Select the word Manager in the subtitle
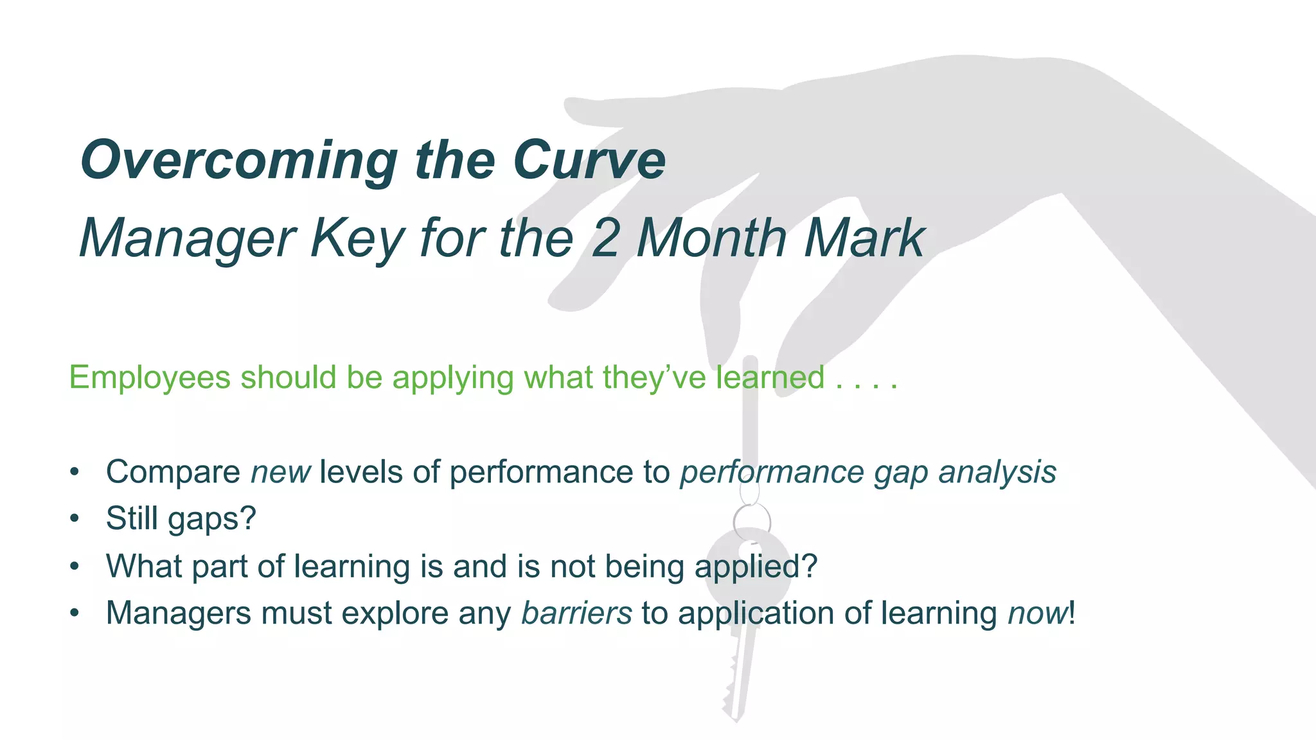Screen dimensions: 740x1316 tap(187, 239)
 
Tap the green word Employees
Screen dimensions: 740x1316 tap(149, 377)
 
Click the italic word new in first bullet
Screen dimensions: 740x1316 tap(280, 473)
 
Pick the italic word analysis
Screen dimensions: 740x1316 tap(997, 473)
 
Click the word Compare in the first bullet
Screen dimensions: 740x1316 tap(173, 473)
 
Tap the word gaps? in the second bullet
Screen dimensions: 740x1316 tap(211, 519)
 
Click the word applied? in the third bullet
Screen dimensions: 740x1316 tap(756, 567)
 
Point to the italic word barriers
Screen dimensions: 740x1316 tap(576, 613)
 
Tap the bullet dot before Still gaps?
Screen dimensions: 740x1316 tap(75, 518)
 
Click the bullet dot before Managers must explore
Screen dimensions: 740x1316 tap(75, 613)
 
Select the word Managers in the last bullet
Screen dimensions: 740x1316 tap(178, 613)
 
